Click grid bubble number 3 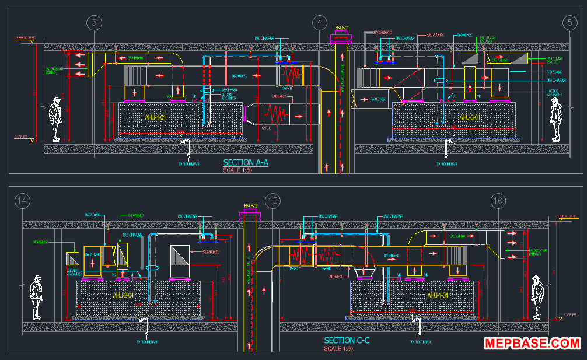pos(95,23)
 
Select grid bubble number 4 pos(319,23)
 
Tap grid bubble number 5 pos(569,23)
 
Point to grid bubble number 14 pos(22,201)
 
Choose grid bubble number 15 pos(272,201)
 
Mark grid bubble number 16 pos(498,201)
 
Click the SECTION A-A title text pos(246,163)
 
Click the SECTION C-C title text pos(347,341)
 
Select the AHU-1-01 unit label pos(156,118)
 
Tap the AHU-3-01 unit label pos(470,118)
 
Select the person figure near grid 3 pos(55,119)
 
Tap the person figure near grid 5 pos(556,119)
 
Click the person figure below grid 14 pos(37,297)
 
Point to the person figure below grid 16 pos(537,297)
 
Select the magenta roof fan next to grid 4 pos(341,39)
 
